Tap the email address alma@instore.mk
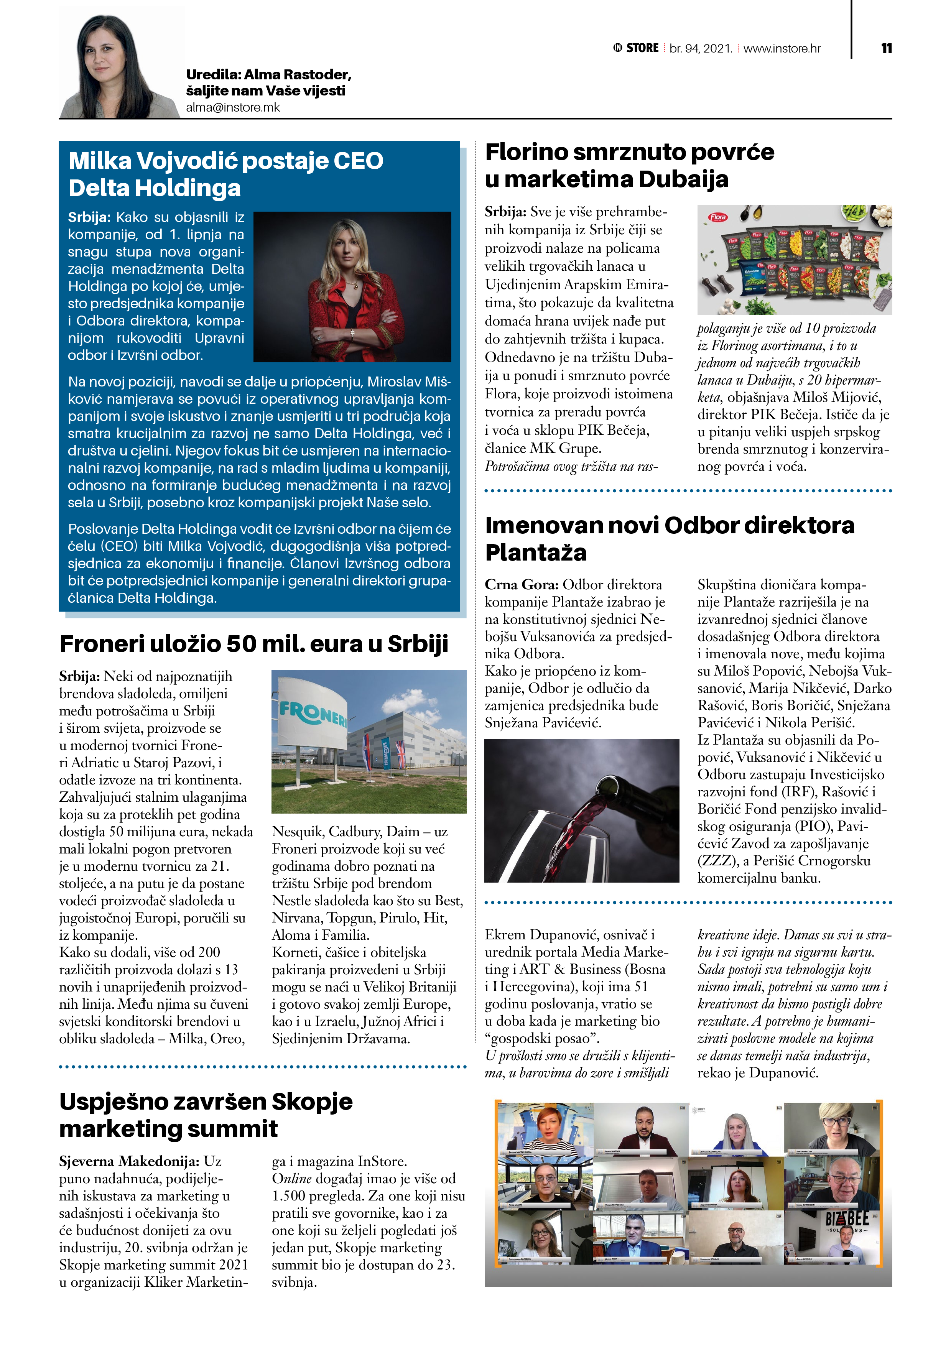pos(233,107)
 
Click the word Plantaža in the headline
pos(536,552)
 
